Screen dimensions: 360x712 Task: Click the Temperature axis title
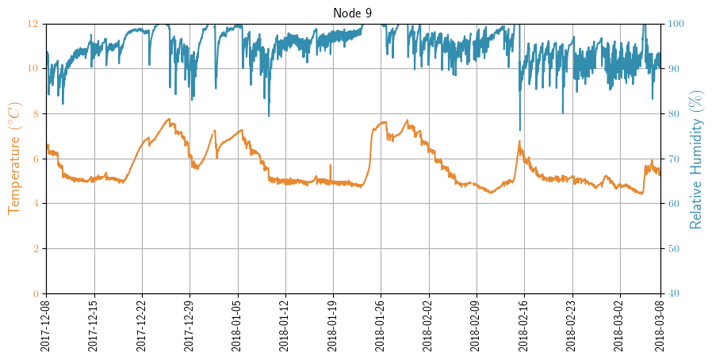[x=14, y=159]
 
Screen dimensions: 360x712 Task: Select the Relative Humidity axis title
[x=696, y=159]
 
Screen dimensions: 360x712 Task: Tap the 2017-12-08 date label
[x=46, y=326]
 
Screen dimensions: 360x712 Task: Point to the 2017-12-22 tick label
[x=142, y=326]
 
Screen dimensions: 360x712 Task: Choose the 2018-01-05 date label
[x=237, y=326]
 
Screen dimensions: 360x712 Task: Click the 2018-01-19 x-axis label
[x=333, y=326]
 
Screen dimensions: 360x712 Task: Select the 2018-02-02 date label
[x=429, y=326]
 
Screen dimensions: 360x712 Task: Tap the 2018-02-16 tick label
[x=524, y=326]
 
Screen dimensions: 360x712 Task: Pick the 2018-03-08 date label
[x=661, y=326]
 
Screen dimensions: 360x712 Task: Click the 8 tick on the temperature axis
[x=34, y=113]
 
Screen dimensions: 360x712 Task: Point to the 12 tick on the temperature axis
[x=32, y=24]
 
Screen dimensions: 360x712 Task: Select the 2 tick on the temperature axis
[x=34, y=248]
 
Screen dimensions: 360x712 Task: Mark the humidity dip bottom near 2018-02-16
[x=520, y=130]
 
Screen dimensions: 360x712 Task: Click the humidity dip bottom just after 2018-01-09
[x=268, y=116]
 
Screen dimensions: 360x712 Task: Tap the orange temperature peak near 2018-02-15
[x=519, y=142]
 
